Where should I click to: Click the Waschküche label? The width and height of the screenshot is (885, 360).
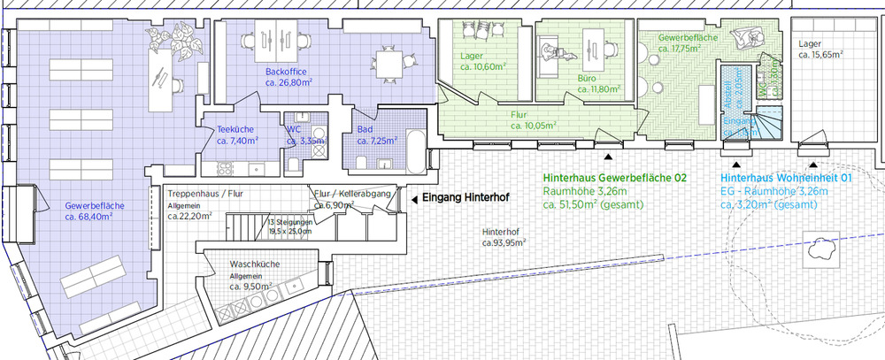coord(255,264)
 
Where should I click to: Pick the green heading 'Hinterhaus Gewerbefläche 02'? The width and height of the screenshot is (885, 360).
coord(614,178)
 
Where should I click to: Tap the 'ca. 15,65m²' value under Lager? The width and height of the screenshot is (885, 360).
coord(820,55)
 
